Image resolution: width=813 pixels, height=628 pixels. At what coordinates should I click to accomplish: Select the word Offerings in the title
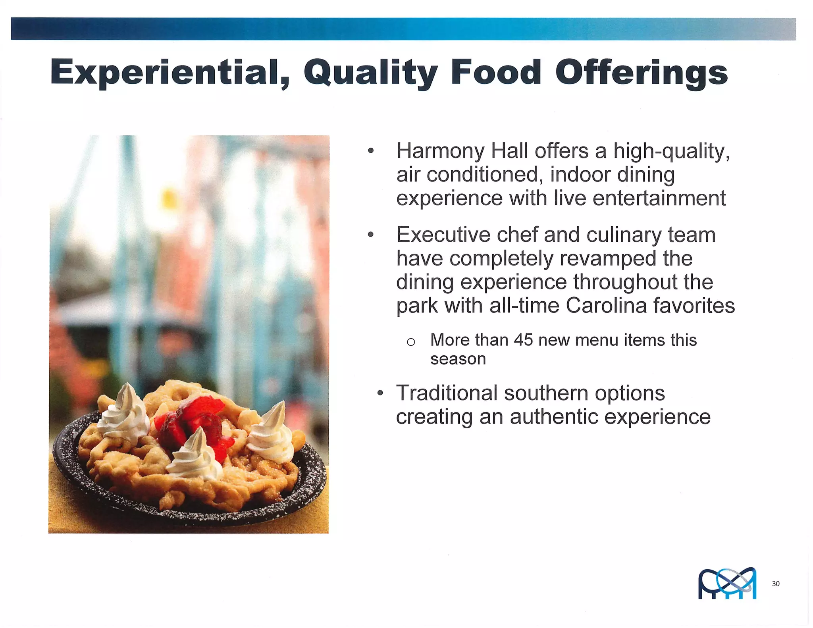(x=641, y=72)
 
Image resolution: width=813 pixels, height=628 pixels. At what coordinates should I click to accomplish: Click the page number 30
(x=776, y=584)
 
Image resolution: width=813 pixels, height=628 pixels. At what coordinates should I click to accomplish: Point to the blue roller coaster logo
(x=727, y=583)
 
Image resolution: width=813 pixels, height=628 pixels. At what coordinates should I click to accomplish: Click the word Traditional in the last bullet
(x=447, y=393)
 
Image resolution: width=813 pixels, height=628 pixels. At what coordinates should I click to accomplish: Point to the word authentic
(x=554, y=417)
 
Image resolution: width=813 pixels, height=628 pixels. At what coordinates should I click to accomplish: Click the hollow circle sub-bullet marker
(x=411, y=342)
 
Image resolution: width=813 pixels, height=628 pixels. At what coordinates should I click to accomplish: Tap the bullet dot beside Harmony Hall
(x=371, y=151)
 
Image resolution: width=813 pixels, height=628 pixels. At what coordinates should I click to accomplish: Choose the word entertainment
(x=659, y=198)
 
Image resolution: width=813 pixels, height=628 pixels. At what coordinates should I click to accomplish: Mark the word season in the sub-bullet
(x=458, y=359)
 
